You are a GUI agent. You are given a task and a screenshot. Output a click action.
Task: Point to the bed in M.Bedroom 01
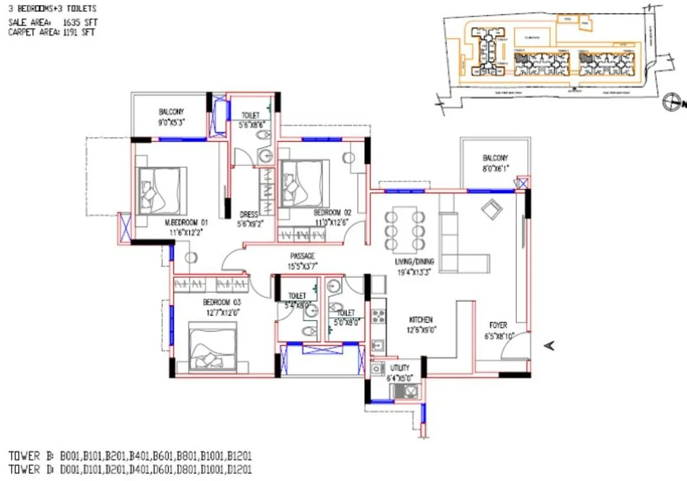(x=161, y=190)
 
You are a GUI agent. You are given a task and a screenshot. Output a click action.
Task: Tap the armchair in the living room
(x=492, y=209)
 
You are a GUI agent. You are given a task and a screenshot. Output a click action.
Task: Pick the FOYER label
(x=498, y=326)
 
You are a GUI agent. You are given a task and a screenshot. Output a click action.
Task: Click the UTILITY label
(x=400, y=368)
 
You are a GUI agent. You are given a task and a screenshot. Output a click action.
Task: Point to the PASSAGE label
(x=302, y=256)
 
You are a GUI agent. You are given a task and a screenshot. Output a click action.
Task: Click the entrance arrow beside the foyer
(x=548, y=346)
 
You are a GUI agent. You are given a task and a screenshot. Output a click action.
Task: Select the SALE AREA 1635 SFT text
(x=53, y=22)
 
